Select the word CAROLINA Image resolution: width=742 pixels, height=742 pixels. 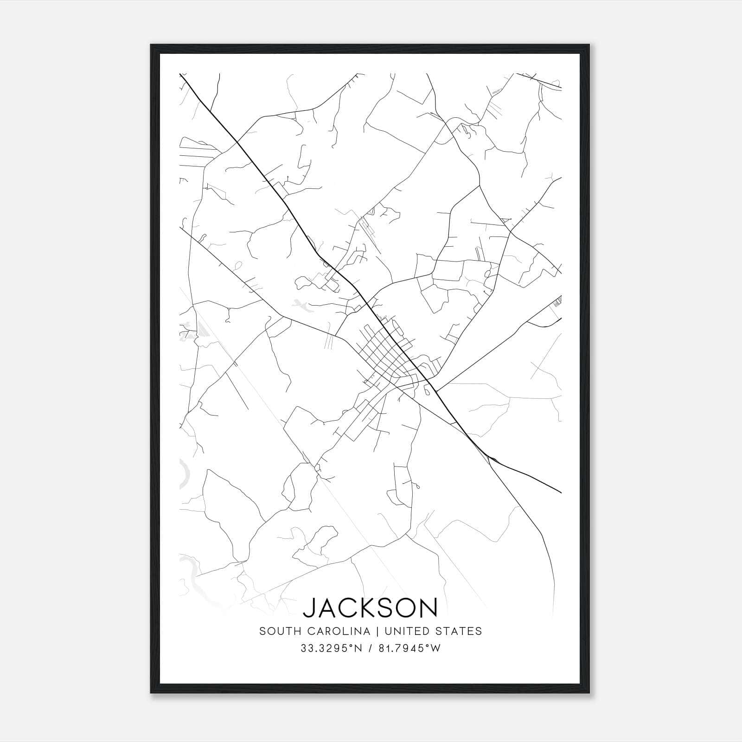pos(335,631)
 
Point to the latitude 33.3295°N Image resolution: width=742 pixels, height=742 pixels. pos(330,648)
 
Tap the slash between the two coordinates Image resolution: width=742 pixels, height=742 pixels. pos(370,648)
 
